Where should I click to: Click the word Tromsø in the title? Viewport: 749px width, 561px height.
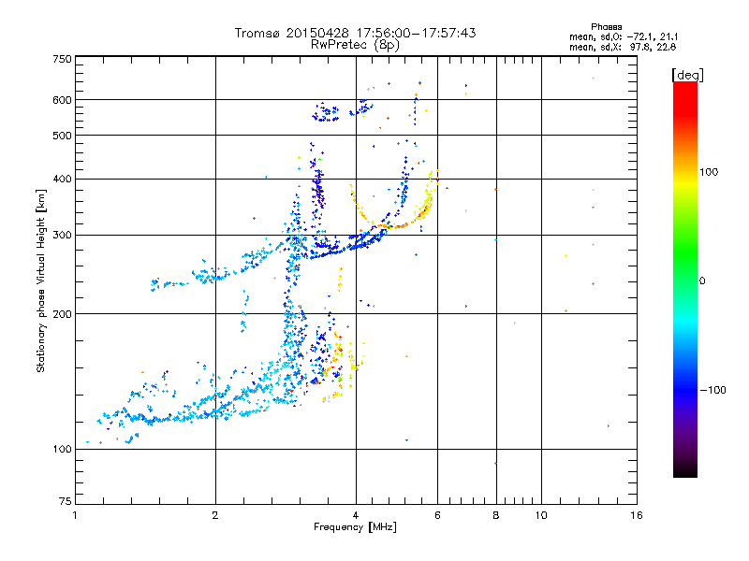tap(257, 33)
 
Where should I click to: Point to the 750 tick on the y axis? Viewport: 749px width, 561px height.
tap(63, 59)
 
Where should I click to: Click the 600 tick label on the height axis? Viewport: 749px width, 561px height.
tap(63, 99)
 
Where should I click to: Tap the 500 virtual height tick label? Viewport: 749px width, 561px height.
tap(63, 135)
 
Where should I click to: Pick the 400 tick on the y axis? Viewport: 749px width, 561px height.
tap(63, 179)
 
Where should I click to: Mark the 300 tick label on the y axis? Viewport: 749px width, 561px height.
tap(63, 235)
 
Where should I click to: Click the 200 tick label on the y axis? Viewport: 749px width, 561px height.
tap(63, 313)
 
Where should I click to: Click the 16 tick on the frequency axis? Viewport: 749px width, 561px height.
tap(636, 515)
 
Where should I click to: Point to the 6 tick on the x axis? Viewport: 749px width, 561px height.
tap(437, 515)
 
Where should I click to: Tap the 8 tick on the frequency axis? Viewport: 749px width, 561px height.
tap(495, 515)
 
